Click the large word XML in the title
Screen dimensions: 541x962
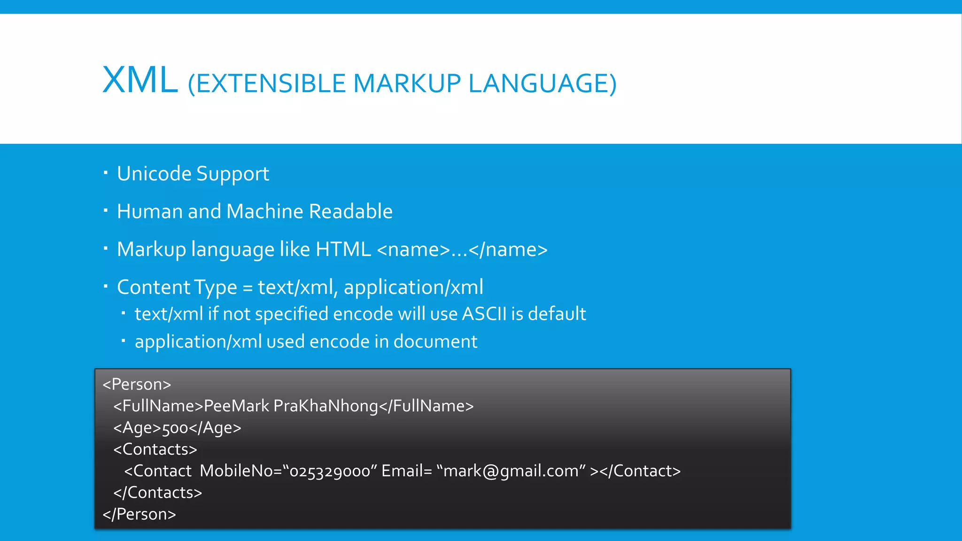(x=140, y=80)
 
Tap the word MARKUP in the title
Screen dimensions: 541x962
(x=407, y=84)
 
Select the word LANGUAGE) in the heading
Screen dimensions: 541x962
(x=542, y=84)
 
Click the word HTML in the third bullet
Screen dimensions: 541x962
(x=343, y=249)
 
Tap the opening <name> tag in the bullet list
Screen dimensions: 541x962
(x=413, y=249)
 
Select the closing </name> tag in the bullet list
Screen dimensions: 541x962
(x=508, y=249)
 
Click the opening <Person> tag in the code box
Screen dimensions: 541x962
(x=137, y=384)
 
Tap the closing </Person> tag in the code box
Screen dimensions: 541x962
(x=139, y=514)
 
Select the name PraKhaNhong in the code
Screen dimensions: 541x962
(x=326, y=406)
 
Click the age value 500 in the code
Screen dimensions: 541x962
(x=175, y=428)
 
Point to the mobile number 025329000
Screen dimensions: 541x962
(x=330, y=471)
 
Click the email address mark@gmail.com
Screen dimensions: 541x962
(x=511, y=471)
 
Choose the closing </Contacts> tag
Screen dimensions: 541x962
(x=157, y=493)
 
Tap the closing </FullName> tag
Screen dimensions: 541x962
(x=427, y=406)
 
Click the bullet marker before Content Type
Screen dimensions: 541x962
(x=106, y=286)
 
